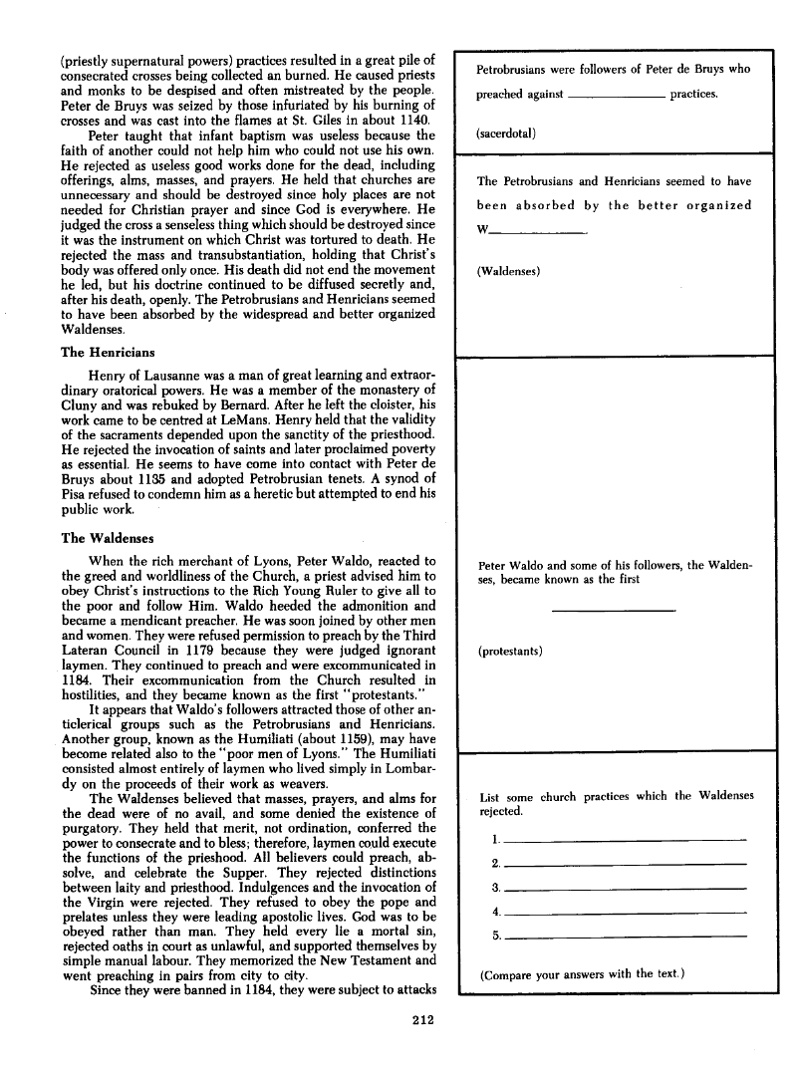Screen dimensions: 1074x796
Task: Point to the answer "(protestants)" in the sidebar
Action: pos(510,651)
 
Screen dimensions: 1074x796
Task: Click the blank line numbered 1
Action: pos(626,840)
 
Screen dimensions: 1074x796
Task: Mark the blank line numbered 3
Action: pos(626,888)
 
